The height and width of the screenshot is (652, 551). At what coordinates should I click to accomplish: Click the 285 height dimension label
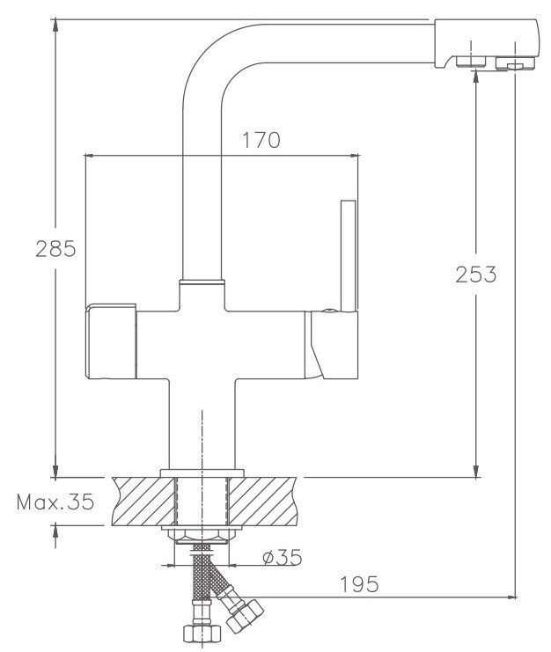click(55, 249)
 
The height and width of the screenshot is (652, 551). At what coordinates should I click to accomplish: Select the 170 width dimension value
click(261, 140)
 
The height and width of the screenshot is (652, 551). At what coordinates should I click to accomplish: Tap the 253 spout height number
click(475, 274)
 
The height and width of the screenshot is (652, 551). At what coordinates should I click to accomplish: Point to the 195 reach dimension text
click(359, 584)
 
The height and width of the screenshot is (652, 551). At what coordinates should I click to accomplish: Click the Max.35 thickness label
click(55, 502)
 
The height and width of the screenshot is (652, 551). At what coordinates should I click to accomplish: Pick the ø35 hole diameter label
click(283, 557)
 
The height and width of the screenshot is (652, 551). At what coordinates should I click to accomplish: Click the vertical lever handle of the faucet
click(349, 256)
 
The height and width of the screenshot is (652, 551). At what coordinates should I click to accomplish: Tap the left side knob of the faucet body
click(111, 341)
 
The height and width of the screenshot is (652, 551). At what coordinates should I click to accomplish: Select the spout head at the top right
click(487, 44)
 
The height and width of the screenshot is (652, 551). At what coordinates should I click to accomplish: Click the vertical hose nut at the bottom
click(202, 633)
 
